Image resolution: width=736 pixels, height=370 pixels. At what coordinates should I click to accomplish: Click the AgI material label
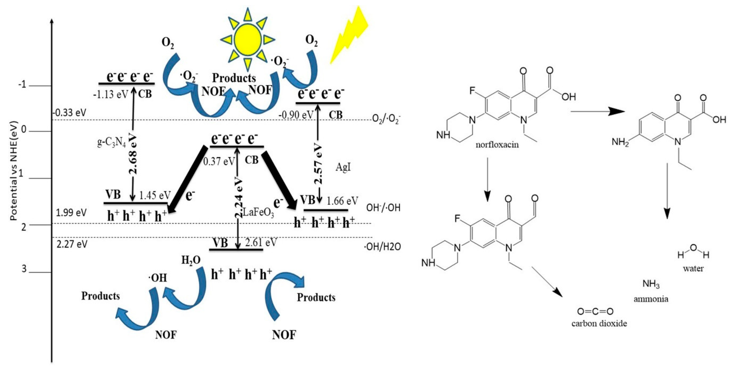[x=343, y=167]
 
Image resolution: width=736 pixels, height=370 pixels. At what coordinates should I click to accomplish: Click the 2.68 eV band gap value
[x=133, y=155]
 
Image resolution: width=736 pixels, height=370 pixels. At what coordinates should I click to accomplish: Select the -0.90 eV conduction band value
[x=296, y=115]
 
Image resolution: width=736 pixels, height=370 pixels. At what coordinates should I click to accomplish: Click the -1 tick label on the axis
[x=21, y=85]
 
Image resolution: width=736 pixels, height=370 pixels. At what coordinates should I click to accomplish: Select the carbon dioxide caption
[x=599, y=324]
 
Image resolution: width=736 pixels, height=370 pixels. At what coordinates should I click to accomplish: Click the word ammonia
[x=651, y=299]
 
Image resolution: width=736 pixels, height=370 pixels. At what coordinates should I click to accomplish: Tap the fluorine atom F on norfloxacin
[x=473, y=91]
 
